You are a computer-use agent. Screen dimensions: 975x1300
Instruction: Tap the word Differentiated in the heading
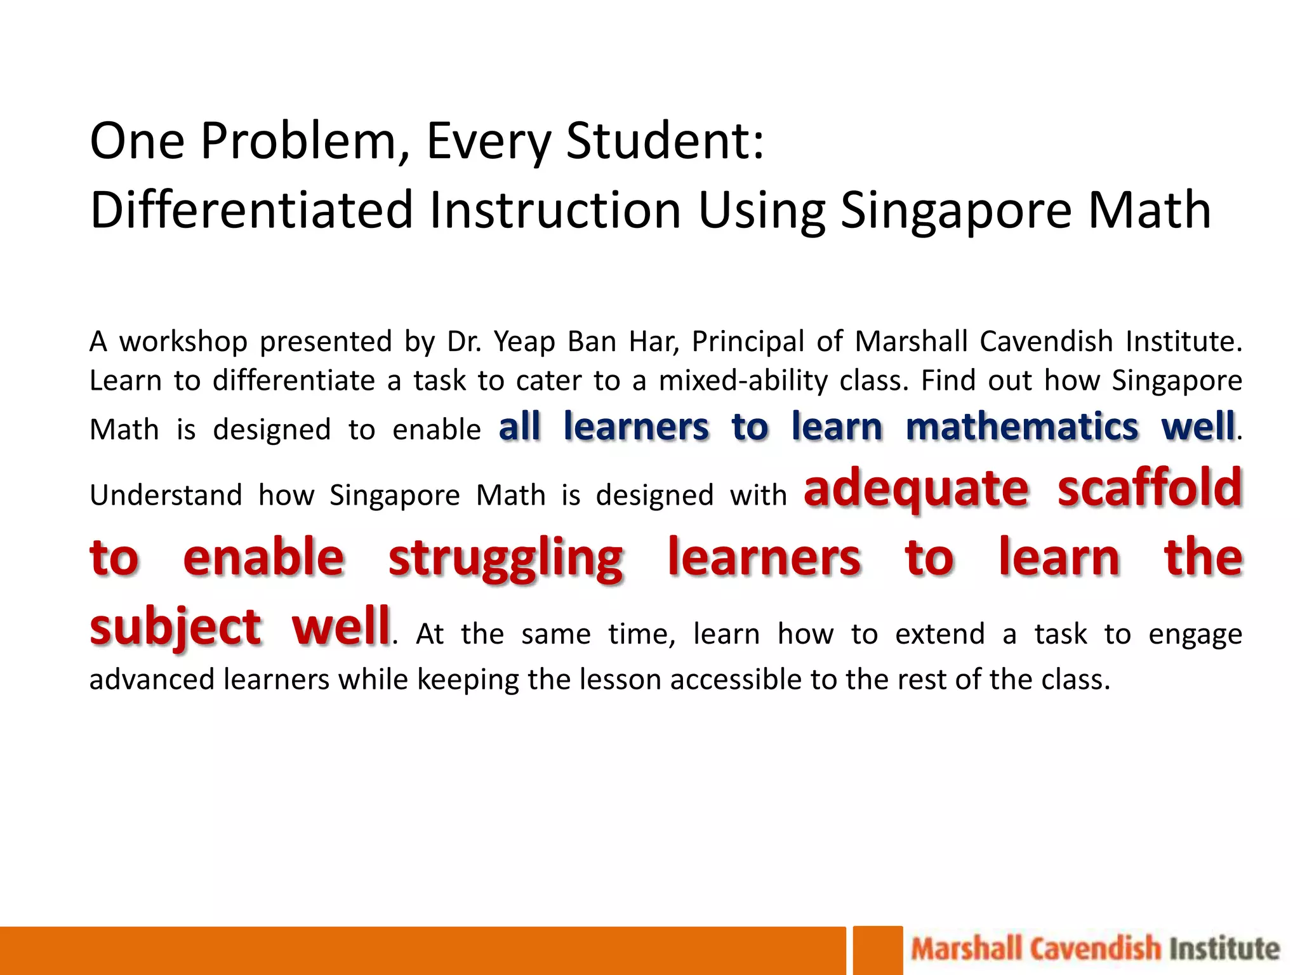click(251, 210)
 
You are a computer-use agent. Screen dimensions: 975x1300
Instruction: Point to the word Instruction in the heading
click(555, 210)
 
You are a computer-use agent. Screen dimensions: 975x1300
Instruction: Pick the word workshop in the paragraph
click(183, 342)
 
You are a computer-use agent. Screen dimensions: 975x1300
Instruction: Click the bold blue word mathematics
click(1022, 427)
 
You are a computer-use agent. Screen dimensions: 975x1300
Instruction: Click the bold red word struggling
click(506, 559)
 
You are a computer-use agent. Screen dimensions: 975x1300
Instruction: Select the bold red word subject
click(175, 627)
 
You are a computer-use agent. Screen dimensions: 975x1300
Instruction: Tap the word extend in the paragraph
click(939, 634)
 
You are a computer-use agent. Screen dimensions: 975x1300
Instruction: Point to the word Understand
click(166, 495)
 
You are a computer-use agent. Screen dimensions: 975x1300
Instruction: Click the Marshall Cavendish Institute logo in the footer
click(1095, 949)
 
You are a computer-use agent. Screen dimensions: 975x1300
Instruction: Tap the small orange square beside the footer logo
click(877, 950)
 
